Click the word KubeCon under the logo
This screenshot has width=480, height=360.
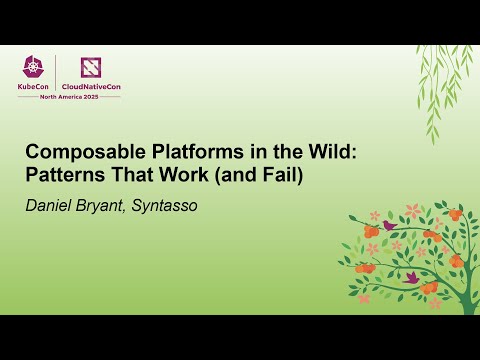click(35, 86)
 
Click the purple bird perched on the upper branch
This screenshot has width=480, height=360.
click(389, 226)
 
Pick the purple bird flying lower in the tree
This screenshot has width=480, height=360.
click(410, 277)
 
